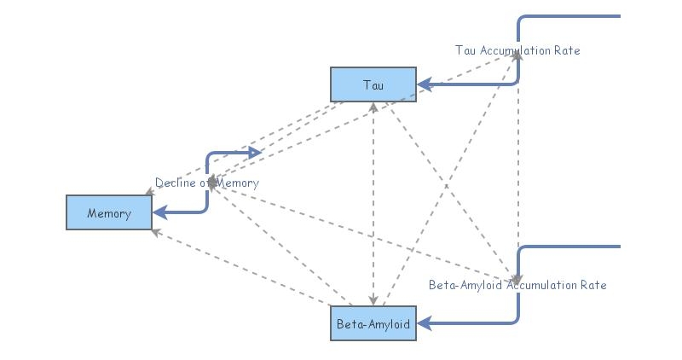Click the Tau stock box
373,84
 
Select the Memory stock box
109,212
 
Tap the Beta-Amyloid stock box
373,323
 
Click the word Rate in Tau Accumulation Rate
565,50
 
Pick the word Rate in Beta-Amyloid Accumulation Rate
592,285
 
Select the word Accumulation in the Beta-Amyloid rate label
540,285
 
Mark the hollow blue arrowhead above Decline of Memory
254,153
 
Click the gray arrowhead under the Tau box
373,107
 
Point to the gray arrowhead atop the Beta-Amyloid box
373,300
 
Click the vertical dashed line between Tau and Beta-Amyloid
373,205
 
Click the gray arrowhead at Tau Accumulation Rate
517,55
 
